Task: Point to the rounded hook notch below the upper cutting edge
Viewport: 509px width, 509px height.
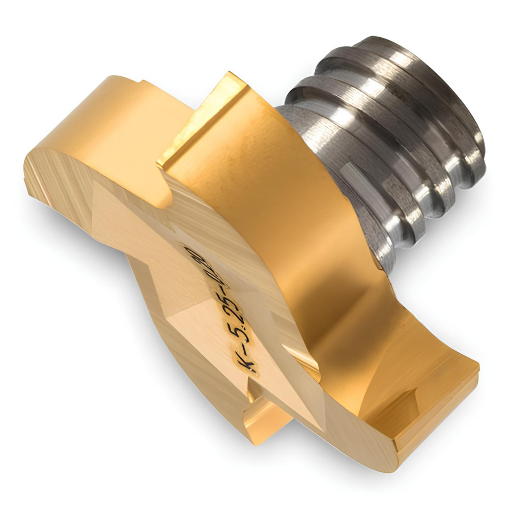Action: pos(163,196)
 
